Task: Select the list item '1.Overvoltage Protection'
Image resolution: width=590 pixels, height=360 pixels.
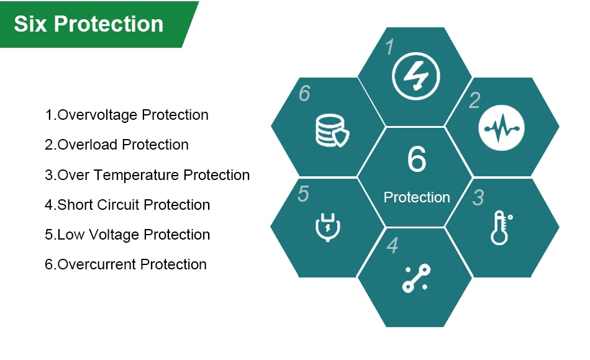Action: pyautogui.click(x=127, y=115)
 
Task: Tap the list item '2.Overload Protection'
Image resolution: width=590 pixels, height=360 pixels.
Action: pyautogui.click(x=117, y=145)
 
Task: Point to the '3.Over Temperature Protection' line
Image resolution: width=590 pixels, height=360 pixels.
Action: pyautogui.click(x=147, y=175)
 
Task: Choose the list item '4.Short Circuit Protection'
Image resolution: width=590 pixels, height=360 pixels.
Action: pyautogui.click(x=127, y=205)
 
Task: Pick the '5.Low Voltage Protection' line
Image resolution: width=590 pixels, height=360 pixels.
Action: pyautogui.click(x=127, y=235)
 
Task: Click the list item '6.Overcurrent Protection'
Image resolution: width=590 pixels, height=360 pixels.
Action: pyautogui.click(x=125, y=264)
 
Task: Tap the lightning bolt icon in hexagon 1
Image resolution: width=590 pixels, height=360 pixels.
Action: pyautogui.click(x=415, y=76)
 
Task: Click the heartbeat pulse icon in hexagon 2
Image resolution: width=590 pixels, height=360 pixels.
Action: pyautogui.click(x=502, y=128)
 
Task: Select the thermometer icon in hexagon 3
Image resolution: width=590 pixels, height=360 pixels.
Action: pyautogui.click(x=501, y=228)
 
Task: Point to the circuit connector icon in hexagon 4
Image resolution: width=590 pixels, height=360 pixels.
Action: pyautogui.click(x=416, y=278)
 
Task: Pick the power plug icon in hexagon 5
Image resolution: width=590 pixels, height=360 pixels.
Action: pyautogui.click(x=328, y=227)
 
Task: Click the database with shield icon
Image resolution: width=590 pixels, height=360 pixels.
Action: pyautogui.click(x=332, y=131)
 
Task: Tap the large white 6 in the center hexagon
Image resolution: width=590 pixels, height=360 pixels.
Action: pyautogui.click(x=417, y=159)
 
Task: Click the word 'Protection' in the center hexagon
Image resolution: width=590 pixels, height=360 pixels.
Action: pyautogui.click(x=417, y=197)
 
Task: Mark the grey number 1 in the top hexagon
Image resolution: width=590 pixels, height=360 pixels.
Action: pyautogui.click(x=390, y=47)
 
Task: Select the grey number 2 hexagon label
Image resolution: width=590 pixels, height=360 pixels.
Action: pyautogui.click(x=474, y=101)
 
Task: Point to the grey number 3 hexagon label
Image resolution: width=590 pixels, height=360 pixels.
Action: pyautogui.click(x=478, y=197)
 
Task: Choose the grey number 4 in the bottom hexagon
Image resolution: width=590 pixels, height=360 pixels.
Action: pyautogui.click(x=393, y=246)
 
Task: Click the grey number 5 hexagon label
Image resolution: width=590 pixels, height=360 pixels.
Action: pyautogui.click(x=303, y=194)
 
